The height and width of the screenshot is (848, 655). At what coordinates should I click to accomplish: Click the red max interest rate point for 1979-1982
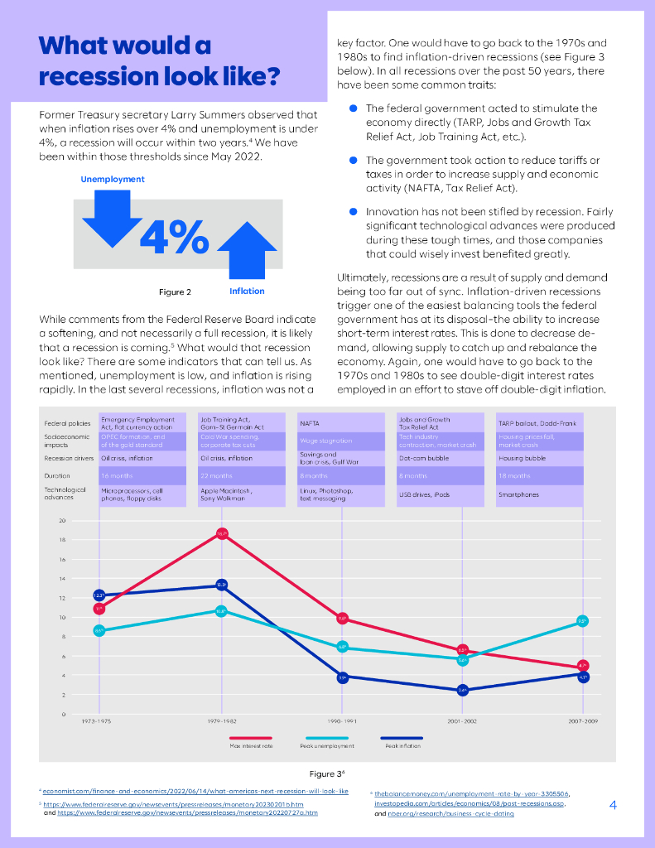pos(222,533)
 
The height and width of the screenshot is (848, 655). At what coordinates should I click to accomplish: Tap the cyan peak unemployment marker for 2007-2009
pos(582,621)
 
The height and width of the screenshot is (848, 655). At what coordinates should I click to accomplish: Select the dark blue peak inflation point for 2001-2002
pos(463,689)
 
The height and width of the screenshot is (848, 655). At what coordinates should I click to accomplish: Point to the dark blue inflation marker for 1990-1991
pos(342,677)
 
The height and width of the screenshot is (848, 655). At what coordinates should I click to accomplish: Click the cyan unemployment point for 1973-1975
pos(99,631)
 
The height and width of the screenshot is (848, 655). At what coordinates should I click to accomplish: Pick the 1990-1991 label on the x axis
pos(341,722)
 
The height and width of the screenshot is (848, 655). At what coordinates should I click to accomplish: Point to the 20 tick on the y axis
pos(62,520)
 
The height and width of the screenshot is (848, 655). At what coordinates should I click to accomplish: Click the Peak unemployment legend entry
pos(326,745)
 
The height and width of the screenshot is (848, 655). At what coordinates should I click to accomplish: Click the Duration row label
pos(57,476)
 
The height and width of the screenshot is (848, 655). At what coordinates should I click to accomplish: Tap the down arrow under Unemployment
pos(112,217)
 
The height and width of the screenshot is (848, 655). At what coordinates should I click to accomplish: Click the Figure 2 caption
pos(175,291)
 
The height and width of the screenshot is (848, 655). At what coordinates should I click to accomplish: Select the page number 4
pos(612,804)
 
